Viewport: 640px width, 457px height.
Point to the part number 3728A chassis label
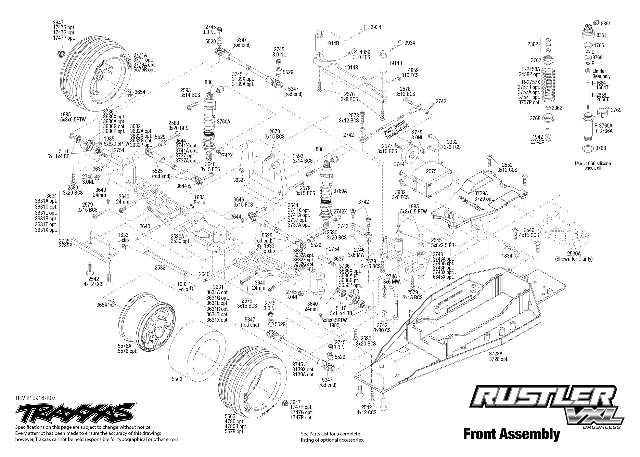[496, 354]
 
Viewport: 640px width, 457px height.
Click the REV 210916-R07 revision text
[36, 398]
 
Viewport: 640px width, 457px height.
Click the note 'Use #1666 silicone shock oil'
[592, 166]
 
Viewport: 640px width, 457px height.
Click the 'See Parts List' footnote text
[332, 437]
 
